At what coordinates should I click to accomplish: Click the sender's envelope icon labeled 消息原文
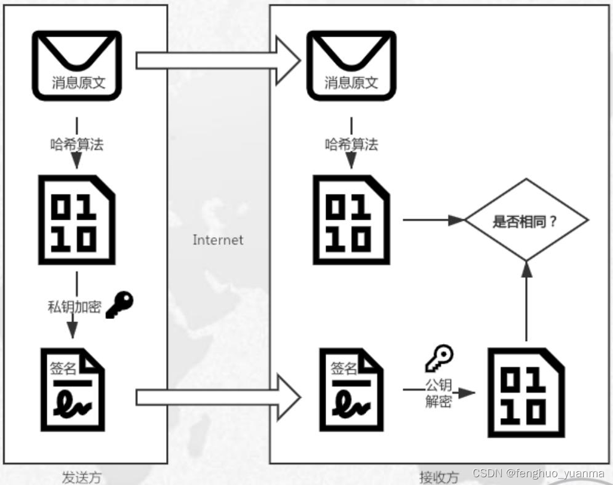[x=77, y=65]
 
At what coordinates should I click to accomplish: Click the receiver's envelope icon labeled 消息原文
[x=351, y=65]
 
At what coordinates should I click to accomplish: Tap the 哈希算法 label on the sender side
[x=76, y=145]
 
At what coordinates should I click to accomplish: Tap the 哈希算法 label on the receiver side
[x=351, y=145]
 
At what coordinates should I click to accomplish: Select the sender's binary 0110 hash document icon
[x=76, y=220]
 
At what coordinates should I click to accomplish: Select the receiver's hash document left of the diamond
[x=351, y=220]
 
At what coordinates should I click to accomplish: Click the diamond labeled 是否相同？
[x=526, y=220]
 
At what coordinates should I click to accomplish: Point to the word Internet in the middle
[x=217, y=240]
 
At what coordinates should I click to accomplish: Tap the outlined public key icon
[x=439, y=358]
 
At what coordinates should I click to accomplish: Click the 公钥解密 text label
[x=439, y=393]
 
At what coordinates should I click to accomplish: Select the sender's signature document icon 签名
[x=72, y=389]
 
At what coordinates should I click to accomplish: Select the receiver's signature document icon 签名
[x=351, y=389]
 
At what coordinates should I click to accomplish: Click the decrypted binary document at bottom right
[x=526, y=392]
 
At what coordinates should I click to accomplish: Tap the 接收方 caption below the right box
[x=439, y=477]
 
